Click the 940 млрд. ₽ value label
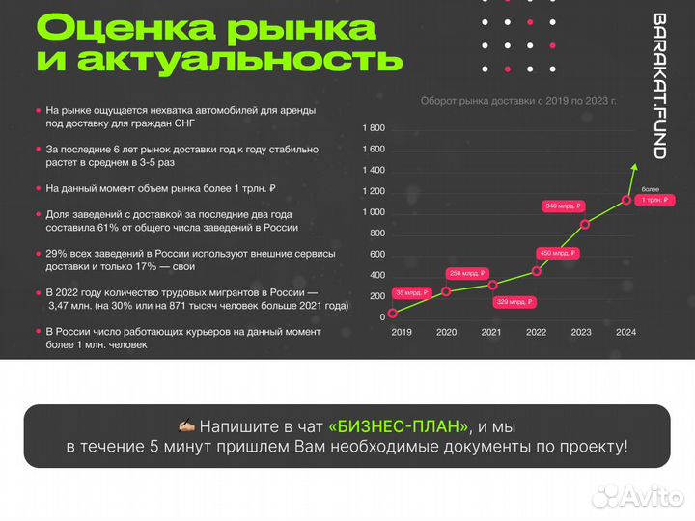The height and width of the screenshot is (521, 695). [563, 206]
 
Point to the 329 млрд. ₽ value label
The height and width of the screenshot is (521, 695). [514, 302]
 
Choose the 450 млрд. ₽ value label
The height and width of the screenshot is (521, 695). [558, 253]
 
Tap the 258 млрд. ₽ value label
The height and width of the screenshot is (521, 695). [467, 273]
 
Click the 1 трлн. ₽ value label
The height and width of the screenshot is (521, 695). [654, 200]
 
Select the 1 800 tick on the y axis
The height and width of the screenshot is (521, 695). [374, 128]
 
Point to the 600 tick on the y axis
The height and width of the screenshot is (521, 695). [377, 255]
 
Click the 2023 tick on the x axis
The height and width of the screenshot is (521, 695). [581, 332]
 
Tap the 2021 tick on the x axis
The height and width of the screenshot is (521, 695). [491, 332]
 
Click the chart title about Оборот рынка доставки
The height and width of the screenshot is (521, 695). [518, 101]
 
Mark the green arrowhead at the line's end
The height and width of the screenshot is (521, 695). [635, 167]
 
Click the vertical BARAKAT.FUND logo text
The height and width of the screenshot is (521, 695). [660, 86]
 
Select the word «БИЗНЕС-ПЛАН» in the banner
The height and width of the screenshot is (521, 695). [399, 426]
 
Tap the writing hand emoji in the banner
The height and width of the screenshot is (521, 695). [186, 425]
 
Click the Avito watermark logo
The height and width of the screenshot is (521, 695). [638, 497]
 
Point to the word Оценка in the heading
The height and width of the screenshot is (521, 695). [125, 27]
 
